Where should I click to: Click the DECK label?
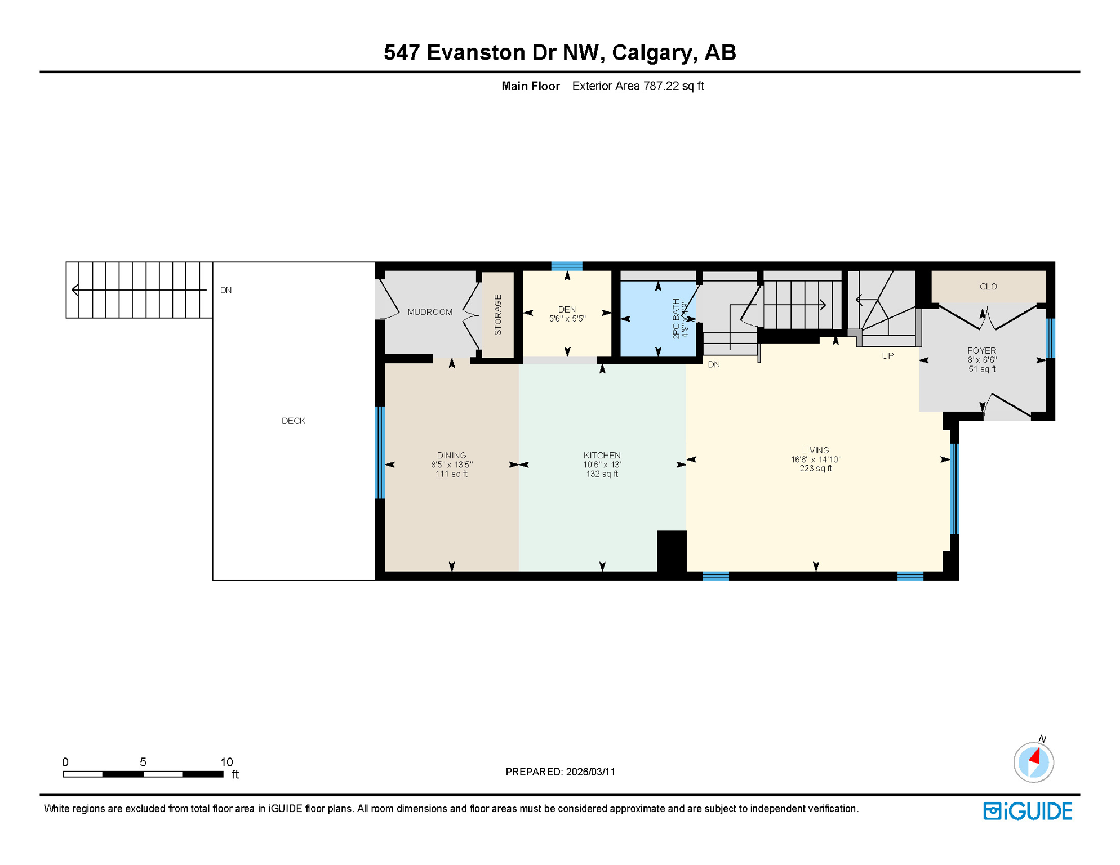point(293,421)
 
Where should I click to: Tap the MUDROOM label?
point(430,312)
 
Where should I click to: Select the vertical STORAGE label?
point(497,315)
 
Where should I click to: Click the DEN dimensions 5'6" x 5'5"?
point(567,319)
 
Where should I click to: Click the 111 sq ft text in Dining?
point(451,474)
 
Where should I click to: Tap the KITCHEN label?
point(602,456)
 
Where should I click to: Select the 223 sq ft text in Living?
point(815,469)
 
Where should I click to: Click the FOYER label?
point(981,350)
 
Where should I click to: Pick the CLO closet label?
point(988,287)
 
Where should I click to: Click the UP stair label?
point(887,356)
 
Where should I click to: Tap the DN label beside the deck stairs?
point(226,291)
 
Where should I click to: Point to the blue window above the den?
point(566,266)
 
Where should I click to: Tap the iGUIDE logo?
point(1028,811)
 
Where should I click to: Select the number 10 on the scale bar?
point(226,762)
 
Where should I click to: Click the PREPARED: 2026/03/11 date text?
point(560,772)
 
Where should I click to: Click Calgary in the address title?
point(651,52)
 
